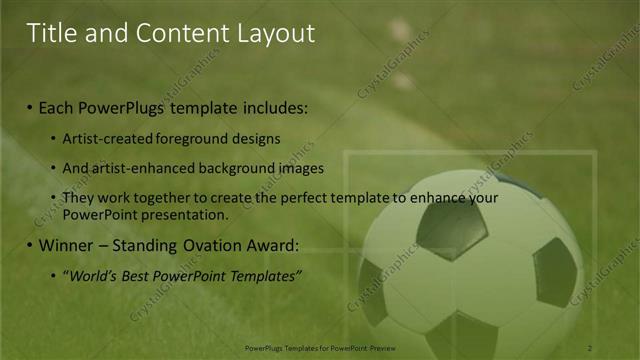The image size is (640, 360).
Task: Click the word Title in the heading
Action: [51, 33]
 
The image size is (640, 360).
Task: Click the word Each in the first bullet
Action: [58, 106]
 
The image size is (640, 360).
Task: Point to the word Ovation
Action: [223, 245]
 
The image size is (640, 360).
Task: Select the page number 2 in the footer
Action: [589, 347]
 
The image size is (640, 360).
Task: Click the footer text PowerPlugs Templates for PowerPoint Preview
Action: [319, 347]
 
